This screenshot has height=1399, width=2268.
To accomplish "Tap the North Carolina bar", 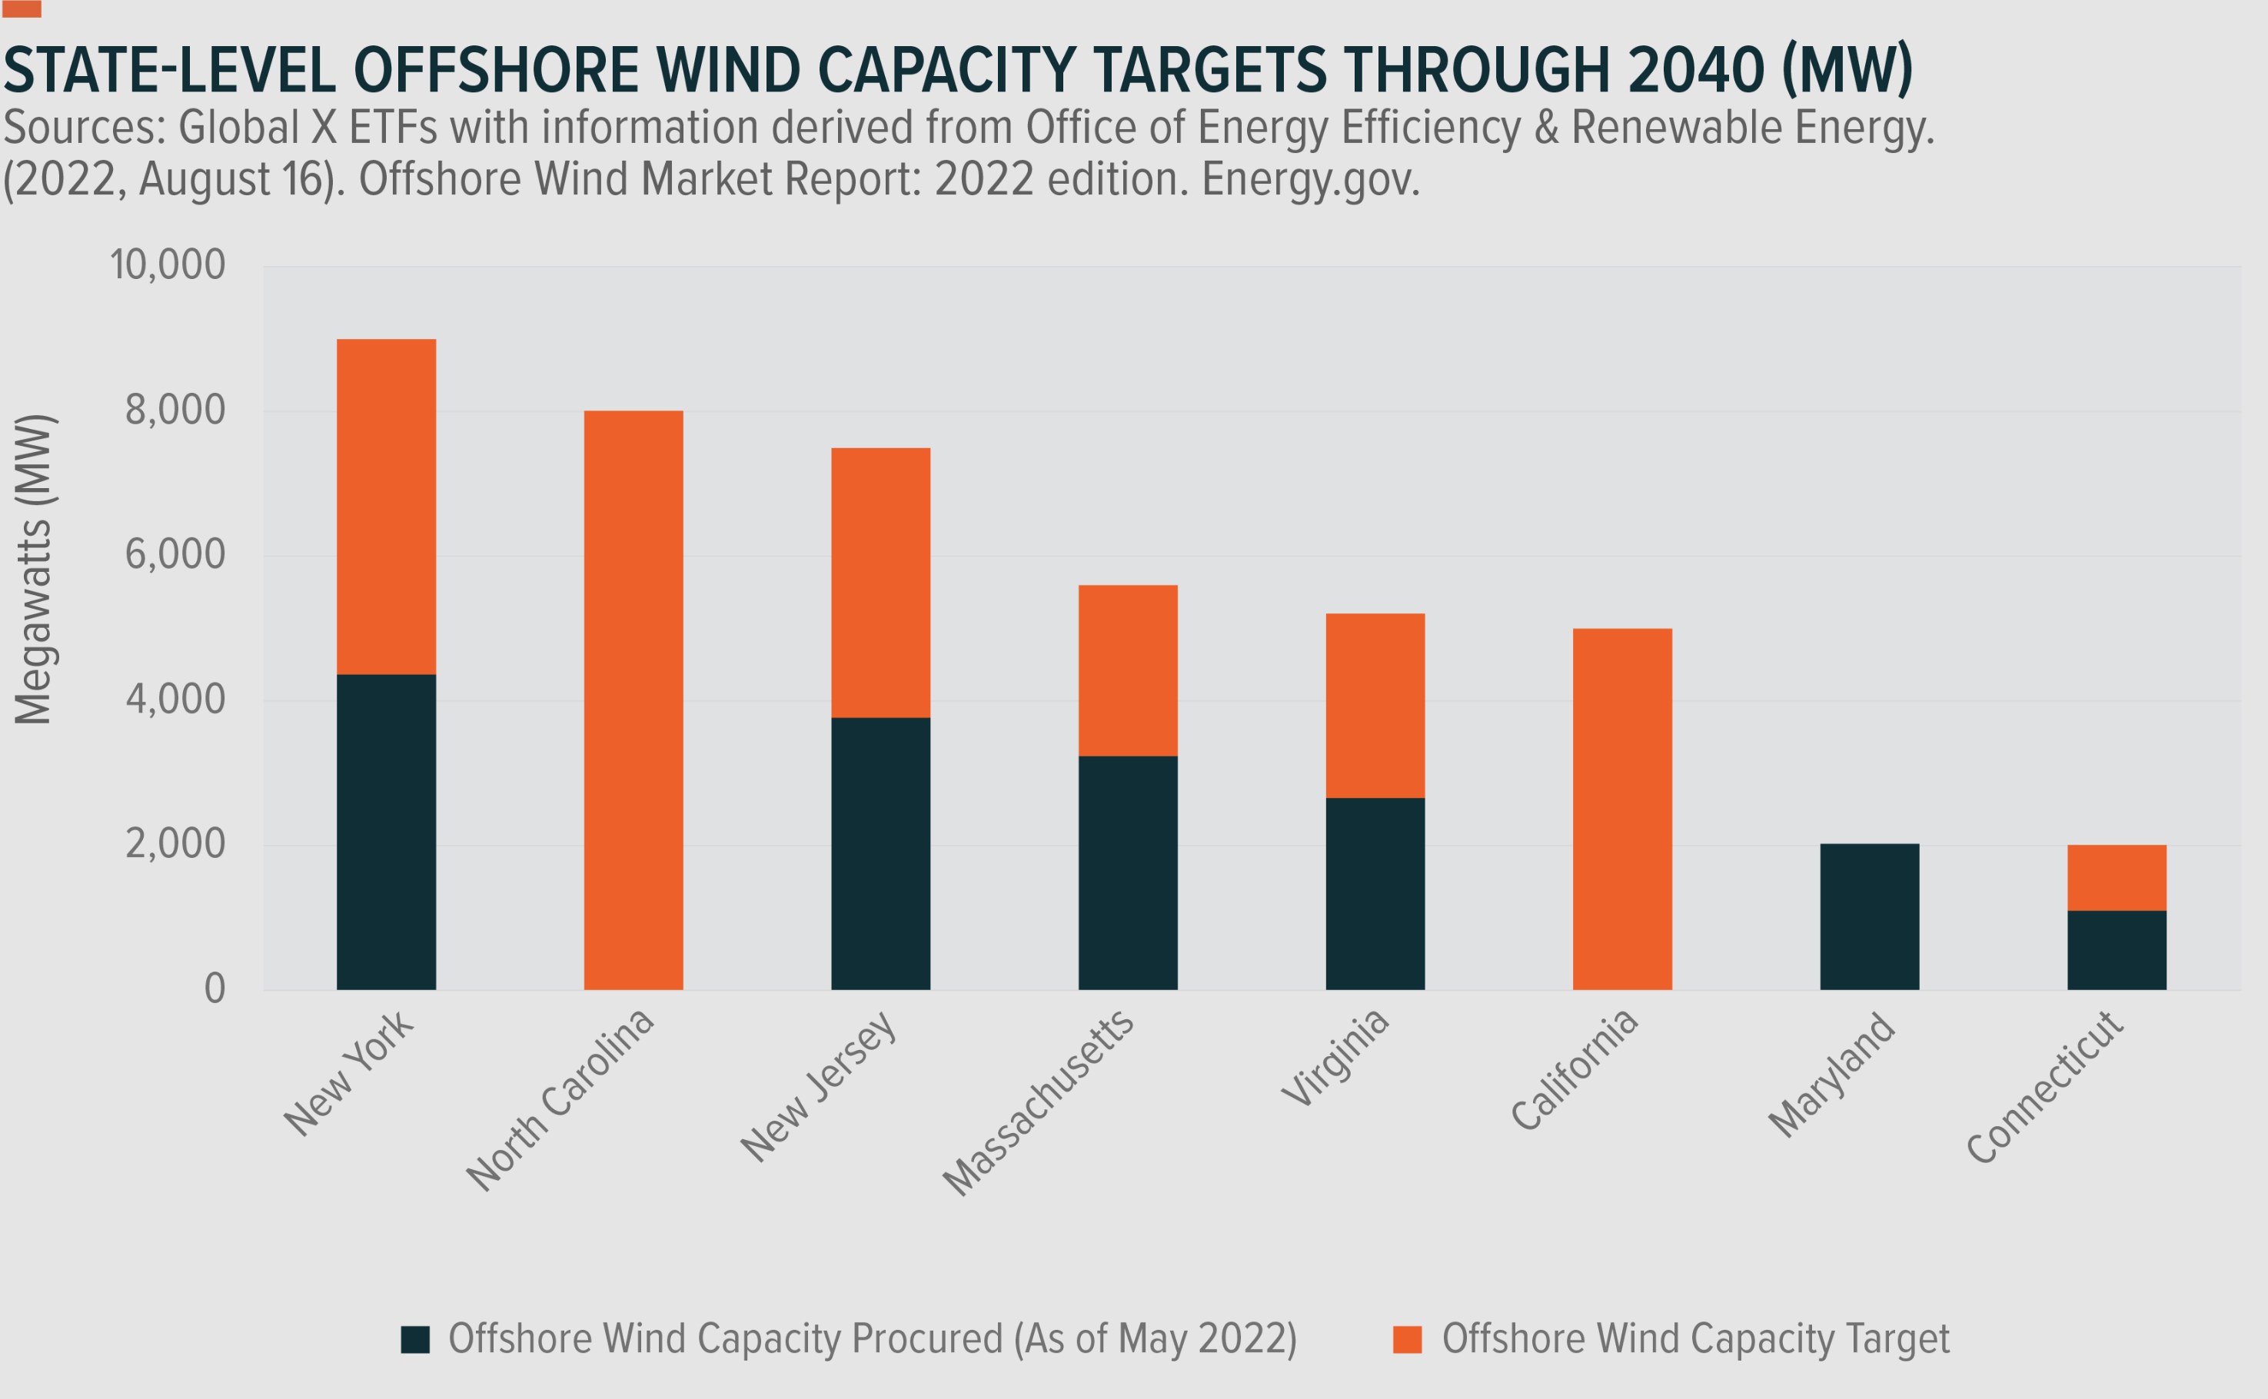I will (x=633, y=699).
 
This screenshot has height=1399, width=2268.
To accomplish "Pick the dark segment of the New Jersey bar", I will (x=880, y=853).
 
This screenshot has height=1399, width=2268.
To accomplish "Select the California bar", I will (x=1621, y=809).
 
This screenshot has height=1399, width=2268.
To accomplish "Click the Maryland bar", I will (x=1869, y=916).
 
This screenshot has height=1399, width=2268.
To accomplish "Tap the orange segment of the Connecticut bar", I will (x=2117, y=877).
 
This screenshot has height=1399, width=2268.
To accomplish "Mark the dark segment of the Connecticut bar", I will (x=2117, y=950).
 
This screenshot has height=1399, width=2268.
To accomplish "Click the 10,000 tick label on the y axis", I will (x=168, y=265).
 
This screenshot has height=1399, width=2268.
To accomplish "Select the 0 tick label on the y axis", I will (x=214, y=989).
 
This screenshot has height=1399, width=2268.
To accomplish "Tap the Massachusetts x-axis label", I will (x=1038, y=1103).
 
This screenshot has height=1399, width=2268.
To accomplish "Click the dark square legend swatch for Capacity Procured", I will (x=414, y=1340).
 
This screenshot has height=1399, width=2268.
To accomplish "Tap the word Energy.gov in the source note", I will (x=1310, y=180).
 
